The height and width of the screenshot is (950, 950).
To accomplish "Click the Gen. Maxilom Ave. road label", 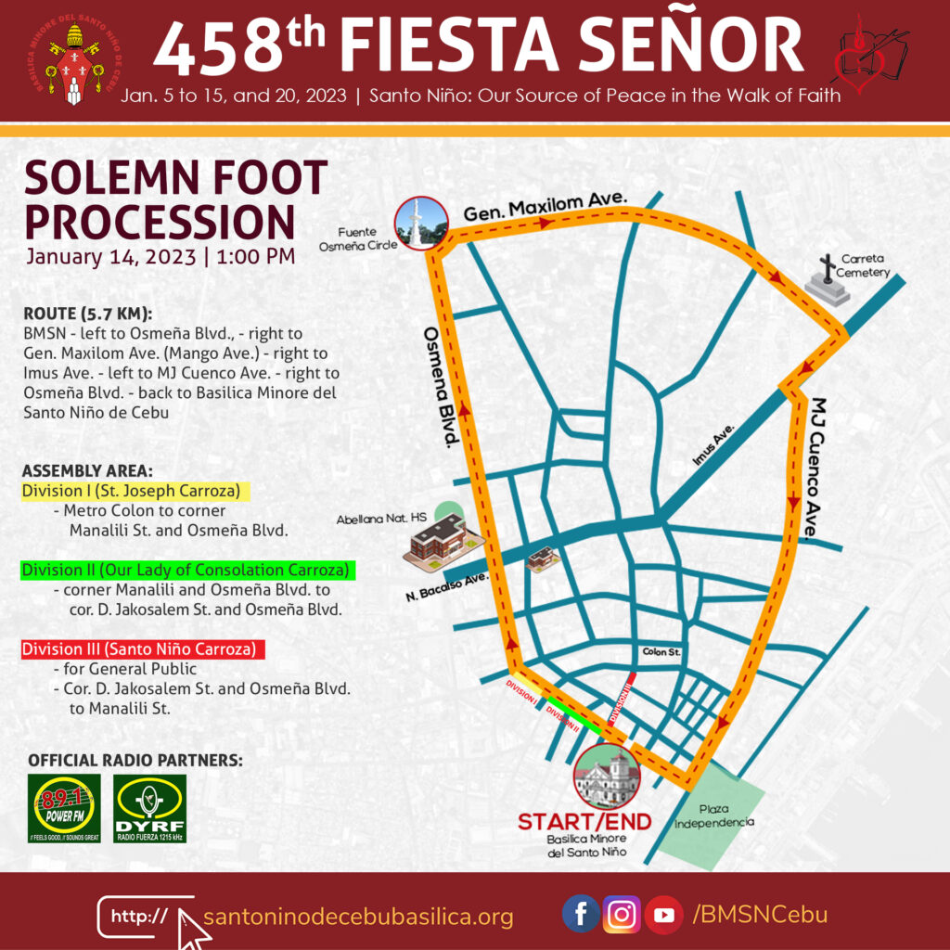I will coord(546,205).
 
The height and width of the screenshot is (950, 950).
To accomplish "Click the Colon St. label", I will coord(661,653).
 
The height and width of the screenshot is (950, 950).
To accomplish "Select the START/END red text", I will coord(584,822).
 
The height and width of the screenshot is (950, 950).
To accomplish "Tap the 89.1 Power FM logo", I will coord(64,808).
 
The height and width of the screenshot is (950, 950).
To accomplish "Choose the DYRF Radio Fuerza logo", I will coord(149,808).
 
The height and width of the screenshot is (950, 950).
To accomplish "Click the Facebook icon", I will coord(581,915).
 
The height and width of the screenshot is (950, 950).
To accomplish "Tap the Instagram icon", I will coord(622,915).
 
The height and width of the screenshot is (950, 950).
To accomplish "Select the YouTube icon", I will coord(663,915).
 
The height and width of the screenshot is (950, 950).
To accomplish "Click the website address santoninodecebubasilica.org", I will coord(358,918).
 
